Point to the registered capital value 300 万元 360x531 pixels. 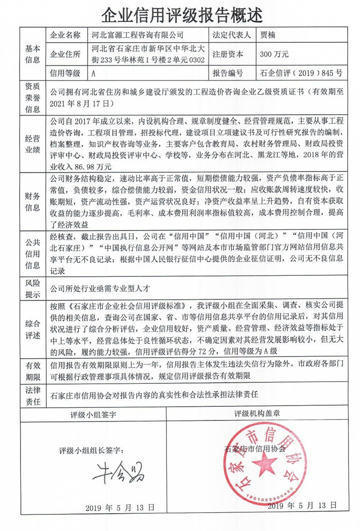(274, 54)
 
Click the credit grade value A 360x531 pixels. (93, 73)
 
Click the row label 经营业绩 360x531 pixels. (33, 143)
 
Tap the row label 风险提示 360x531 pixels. (33, 288)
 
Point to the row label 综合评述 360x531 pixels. (33, 328)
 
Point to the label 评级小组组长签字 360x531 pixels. (94, 450)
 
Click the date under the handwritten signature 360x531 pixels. (120, 507)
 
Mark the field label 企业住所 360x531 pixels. (66, 54)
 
